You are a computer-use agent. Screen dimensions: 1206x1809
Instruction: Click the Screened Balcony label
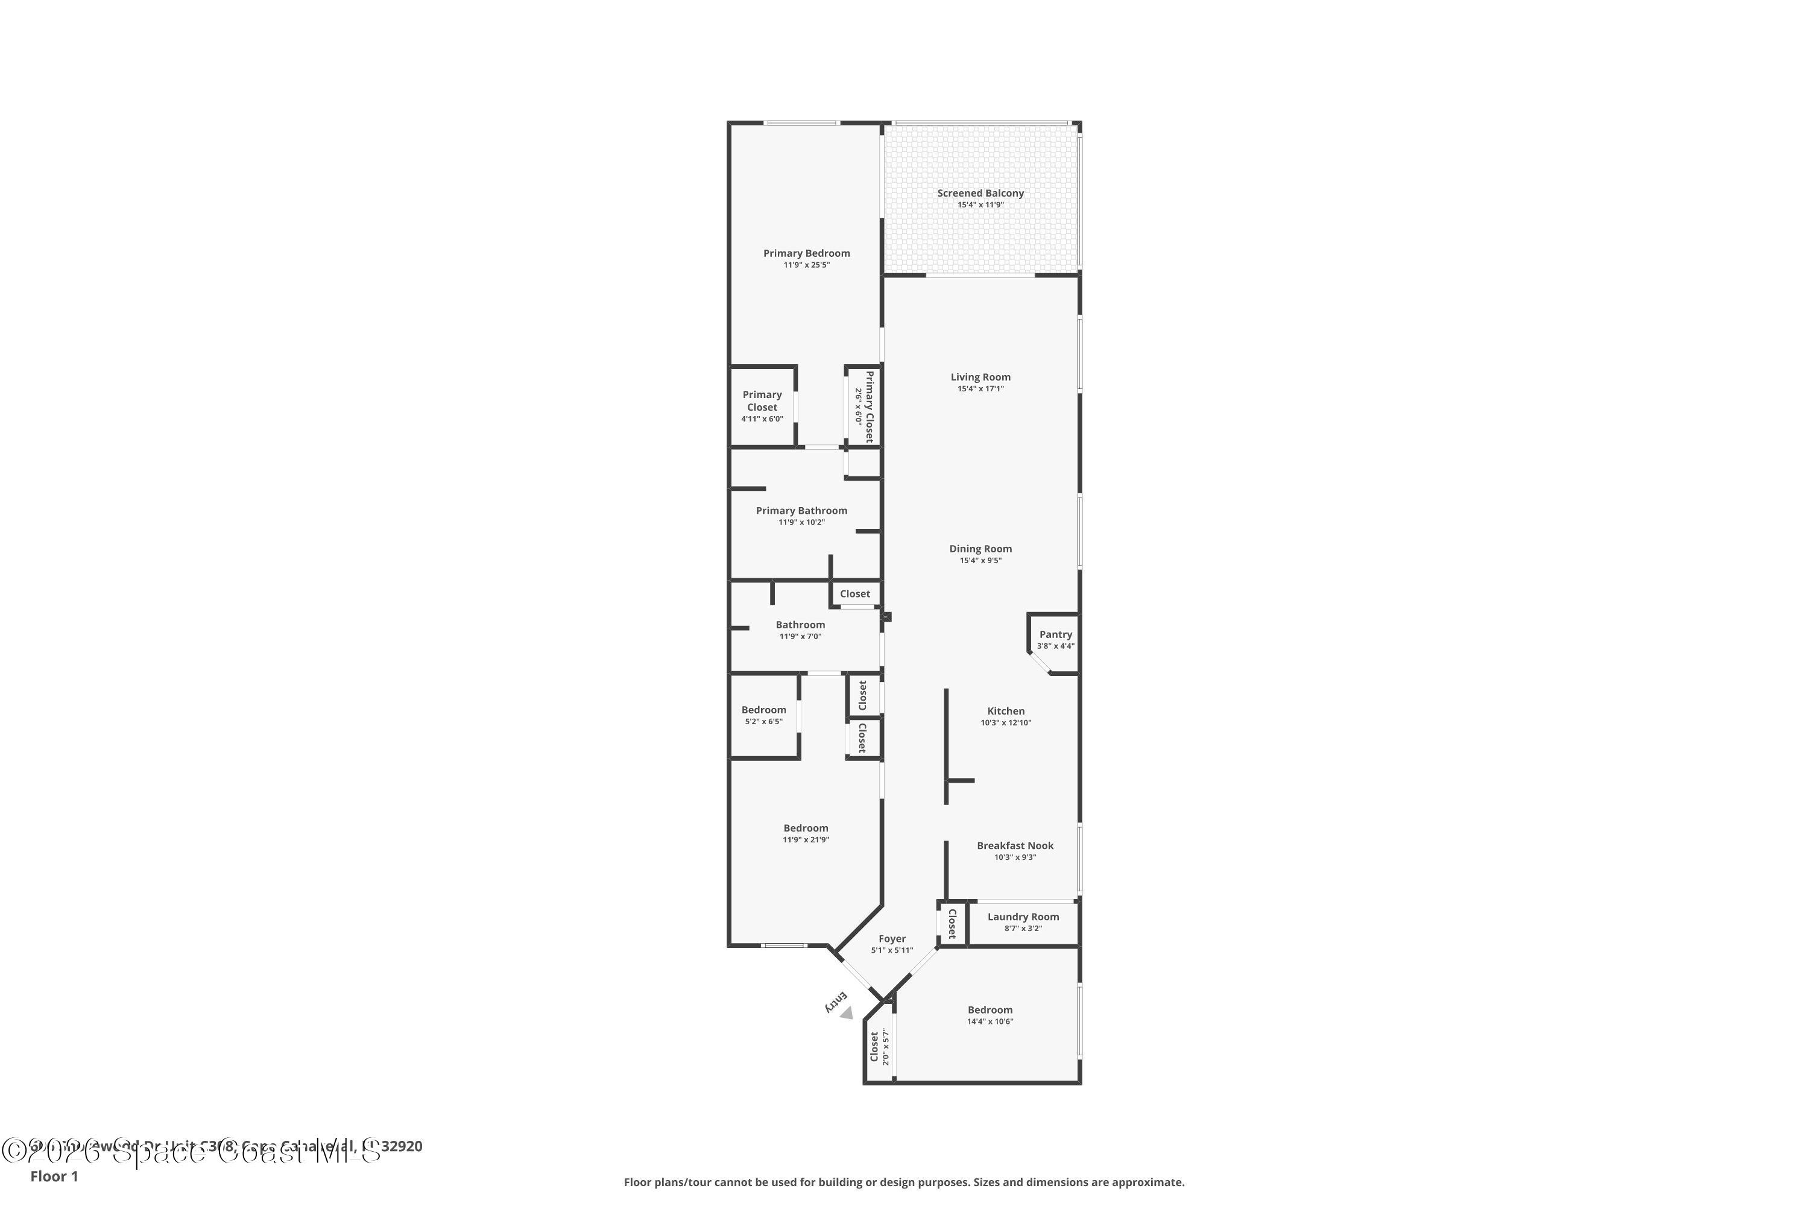[980, 193]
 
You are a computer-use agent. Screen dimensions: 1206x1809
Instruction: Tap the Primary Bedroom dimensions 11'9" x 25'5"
[806, 265]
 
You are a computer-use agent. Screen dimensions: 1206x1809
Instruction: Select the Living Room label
[980, 377]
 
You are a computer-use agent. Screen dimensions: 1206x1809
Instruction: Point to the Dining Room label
[980, 548]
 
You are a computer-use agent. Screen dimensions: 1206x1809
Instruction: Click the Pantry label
[1055, 634]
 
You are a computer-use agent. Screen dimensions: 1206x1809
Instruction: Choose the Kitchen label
[1005, 711]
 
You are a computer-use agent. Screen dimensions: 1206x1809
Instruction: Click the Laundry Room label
[1023, 917]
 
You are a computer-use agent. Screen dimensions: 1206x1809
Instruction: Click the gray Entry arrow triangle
[847, 1014]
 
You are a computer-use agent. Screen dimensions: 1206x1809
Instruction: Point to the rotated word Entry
[835, 1002]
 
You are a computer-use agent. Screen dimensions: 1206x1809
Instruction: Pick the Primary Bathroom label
[801, 511]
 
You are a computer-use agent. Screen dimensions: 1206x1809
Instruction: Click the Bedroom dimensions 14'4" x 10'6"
[990, 1022]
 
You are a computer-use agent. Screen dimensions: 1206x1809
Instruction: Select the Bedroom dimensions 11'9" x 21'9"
[806, 840]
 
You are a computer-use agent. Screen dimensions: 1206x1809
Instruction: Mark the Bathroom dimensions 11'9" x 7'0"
[801, 637]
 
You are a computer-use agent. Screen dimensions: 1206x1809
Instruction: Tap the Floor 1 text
[54, 1176]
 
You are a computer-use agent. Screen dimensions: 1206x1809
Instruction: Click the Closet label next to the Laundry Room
[952, 924]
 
